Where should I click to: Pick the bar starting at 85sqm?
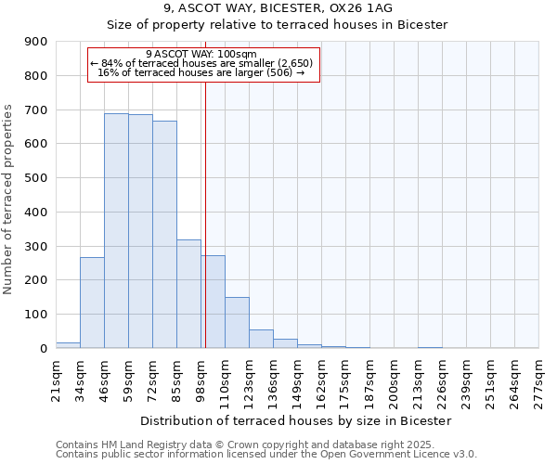pyautogui.click(x=188, y=293)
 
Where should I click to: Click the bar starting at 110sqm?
pyautogui.click(x=237, y=322)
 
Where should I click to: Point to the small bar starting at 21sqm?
pyautogui.click(x=68, y=345)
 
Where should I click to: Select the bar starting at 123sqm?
pyautogui.click(x=261, y=339)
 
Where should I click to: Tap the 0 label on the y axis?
pyautogui.click(x=43, y=349)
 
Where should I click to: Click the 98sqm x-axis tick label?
pyautogui.click(x=201, y=377)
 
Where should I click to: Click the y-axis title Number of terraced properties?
pyautogui.click(x=9, y=200)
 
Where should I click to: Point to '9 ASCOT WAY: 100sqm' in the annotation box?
pyautogui.click(x=201, y=54)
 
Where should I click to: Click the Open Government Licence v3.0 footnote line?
pyautogui.click(x=266, y=454)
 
